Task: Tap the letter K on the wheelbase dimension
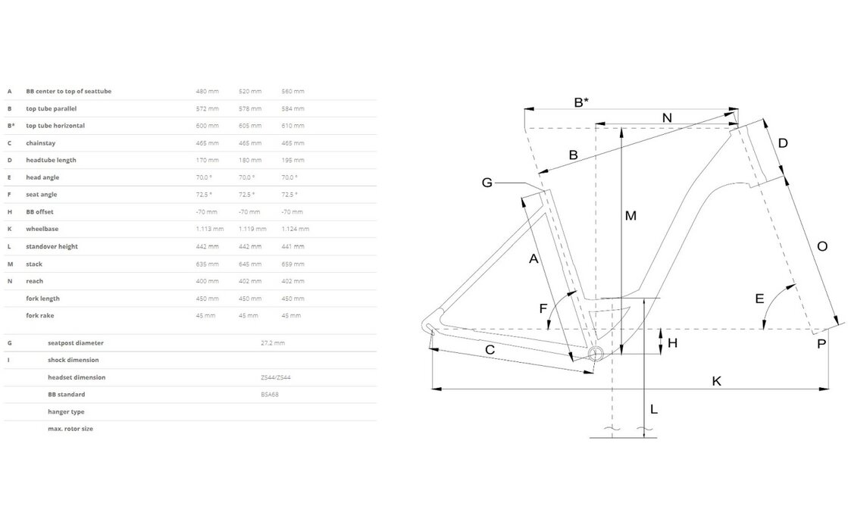coord(716,380)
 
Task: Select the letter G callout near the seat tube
coord(487,182)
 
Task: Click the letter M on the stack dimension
coord(631,216)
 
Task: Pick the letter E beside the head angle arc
coord(759,299)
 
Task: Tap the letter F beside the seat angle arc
coord(543,308)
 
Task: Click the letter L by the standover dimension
coord(654,410)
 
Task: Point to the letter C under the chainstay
coord(490,350)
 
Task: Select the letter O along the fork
coord(822,246)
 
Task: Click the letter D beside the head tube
coord(783,143)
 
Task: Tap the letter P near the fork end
coord(821,345)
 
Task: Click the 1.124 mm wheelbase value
coord(295,229)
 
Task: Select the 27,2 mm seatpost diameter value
coord(272,342)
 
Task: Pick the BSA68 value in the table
coord(268,395)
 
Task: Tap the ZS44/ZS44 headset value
coord(272,377)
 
